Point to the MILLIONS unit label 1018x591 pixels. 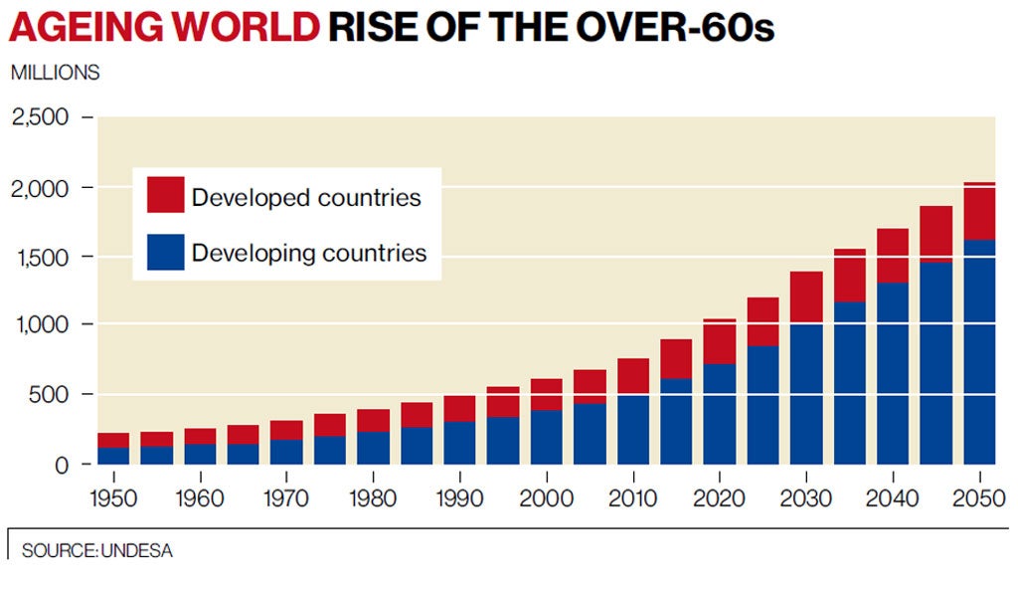55,73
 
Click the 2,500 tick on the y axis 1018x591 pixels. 41,117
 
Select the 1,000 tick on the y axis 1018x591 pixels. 41,325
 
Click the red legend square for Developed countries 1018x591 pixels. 165,194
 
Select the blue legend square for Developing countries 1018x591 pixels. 165,252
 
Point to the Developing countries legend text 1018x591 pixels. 309,253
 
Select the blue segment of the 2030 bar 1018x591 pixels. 806,394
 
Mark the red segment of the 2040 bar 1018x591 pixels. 893,256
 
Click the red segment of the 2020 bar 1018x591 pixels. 719,341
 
